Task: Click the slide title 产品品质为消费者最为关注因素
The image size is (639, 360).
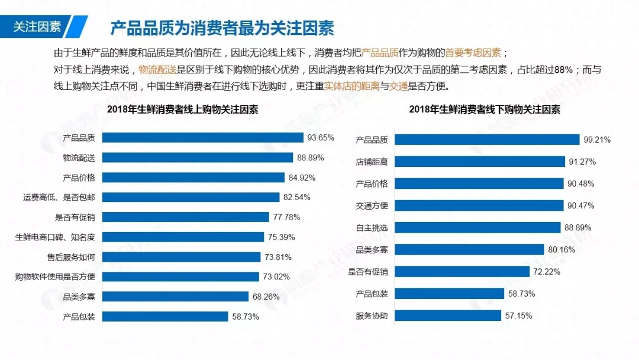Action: [222, 28]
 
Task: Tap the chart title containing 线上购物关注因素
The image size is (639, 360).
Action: [182, 110]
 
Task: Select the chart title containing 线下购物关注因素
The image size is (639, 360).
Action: [484, 110]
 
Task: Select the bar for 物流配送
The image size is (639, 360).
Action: [198, 157]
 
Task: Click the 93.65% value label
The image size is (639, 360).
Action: [320, 137]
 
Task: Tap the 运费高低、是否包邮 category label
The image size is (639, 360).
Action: [59, 197]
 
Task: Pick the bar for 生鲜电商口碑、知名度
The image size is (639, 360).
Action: [183, 237]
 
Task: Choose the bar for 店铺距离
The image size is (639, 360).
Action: [479, 162]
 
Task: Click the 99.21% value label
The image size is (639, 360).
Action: [596, 140]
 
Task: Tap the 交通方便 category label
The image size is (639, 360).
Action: [372, 206]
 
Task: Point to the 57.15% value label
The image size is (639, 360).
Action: [518, 316]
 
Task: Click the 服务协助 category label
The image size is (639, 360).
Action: [372, 316]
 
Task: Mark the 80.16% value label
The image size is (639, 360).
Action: [561, 250]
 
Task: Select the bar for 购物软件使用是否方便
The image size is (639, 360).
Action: [180, 277]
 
